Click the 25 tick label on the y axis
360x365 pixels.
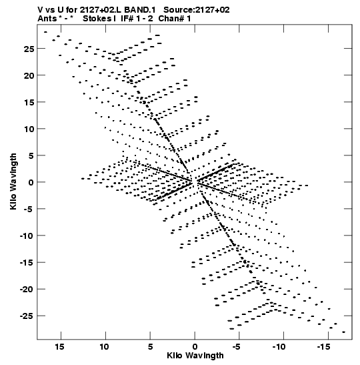tap(29, 49)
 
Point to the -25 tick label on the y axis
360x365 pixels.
tap(27, 316)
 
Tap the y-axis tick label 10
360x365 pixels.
tap(29, 129)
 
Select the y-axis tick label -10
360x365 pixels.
tap(27, 236)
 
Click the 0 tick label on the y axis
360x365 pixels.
tap(31, 183)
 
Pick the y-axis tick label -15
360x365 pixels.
tap(27, 263)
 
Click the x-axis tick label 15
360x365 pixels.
tap(59, 347)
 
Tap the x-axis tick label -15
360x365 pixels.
tap(324, 347)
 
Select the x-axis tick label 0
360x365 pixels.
tap(195, 347)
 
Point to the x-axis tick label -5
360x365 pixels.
tap(236, 347)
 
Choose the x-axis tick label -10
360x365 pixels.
tap(279, 347)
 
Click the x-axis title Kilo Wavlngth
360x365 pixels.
tap(195, 356)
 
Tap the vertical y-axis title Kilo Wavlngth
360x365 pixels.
tap(13, 181)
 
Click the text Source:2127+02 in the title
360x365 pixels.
tap(197, 10)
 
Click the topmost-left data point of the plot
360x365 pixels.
tap(45, 32)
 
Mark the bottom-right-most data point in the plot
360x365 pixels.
tap(344, 332)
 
